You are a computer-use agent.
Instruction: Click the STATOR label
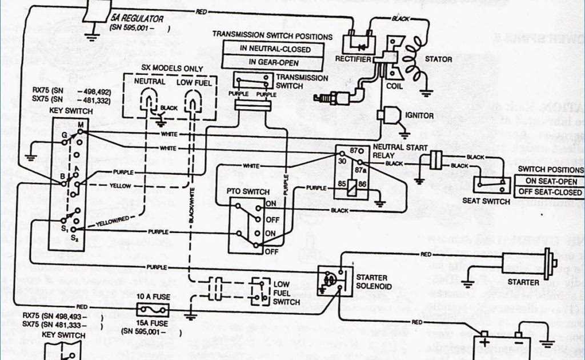click(439, 59)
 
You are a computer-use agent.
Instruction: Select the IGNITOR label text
click(419, 115)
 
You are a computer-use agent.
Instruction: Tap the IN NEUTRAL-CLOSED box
click(275, 49)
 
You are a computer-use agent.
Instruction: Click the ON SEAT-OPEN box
click(551, 181)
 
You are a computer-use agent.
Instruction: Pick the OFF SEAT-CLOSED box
click(551, 192)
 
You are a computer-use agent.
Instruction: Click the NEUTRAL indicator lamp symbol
click(150, 103)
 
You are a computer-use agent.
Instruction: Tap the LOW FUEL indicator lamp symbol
click(194, 103)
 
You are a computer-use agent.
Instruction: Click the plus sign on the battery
click(484, 342)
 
